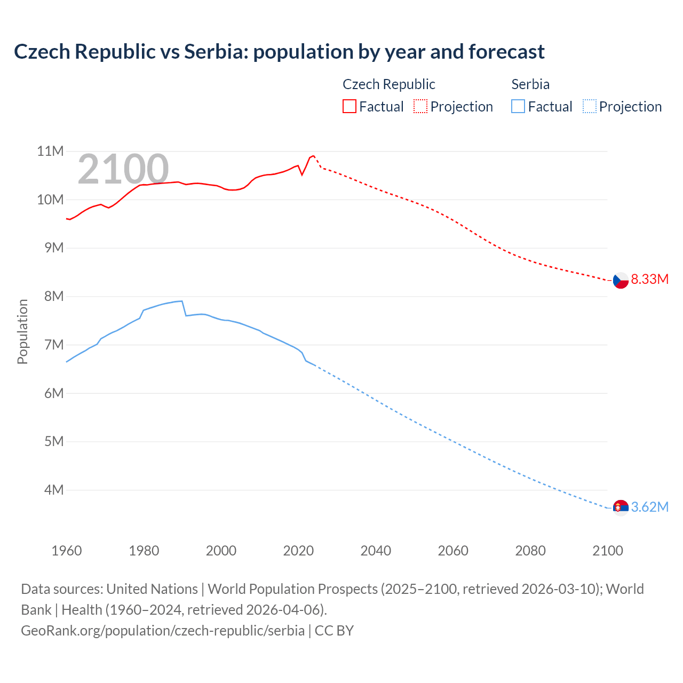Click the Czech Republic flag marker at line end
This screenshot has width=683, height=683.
620,280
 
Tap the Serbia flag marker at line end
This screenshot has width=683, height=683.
620,507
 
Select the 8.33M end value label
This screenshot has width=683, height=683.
649,279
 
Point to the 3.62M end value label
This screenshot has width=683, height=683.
649,507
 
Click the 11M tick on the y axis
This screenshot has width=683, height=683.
50,152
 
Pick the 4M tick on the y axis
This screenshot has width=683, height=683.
53,490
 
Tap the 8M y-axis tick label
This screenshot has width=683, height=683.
53,296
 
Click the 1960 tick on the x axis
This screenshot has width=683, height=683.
67,551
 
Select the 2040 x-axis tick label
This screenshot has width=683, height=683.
376,551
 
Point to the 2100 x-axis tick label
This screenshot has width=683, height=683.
607,551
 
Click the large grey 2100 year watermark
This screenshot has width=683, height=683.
123,170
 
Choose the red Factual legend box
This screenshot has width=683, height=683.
349,107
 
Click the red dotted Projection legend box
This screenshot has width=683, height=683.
420,107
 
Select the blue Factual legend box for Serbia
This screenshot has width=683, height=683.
518,107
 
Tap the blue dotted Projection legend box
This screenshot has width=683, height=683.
590,107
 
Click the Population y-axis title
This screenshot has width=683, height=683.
22,331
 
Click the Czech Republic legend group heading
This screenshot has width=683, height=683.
388,84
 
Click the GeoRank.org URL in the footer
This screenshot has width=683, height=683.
163,630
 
